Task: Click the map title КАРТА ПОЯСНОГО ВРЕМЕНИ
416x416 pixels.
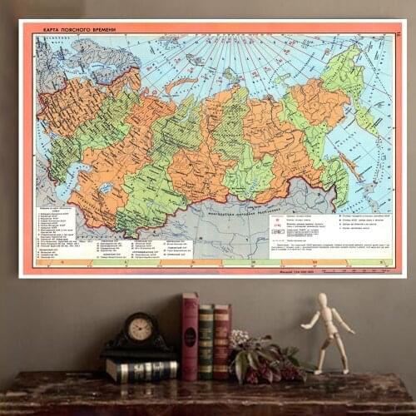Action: tap(80, 30)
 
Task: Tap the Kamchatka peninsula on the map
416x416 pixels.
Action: tap(367, 117)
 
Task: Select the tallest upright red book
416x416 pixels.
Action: tap(191, 336)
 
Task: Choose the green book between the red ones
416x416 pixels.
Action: tap(206, 341)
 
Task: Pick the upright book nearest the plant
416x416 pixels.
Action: tap(221, 341)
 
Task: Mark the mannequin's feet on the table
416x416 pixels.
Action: tap(333, 370)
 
